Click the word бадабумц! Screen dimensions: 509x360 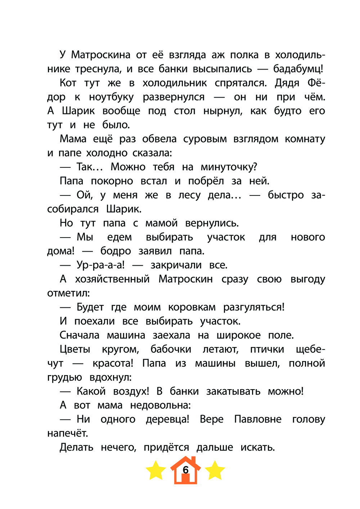[x=298, y=69]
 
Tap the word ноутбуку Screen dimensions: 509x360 [x=111, y=97]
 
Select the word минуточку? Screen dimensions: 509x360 [x=229, y=167]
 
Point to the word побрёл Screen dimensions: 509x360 [x=206, y=181]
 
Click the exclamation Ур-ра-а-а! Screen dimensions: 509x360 [x=100, y=265]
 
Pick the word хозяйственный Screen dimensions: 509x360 [x=112, y=279]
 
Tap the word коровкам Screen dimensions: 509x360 [x=192, y=307]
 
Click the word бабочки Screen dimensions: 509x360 [x=171, y=350]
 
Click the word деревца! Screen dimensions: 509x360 [x=167, y=419]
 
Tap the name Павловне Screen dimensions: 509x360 [x=258, y=419]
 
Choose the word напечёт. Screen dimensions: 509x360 [x=68, y=433]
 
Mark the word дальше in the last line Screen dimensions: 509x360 [x=215, y=447]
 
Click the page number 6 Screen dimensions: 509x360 [x=186, y=470]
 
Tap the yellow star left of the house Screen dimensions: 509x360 [x=156, y=470]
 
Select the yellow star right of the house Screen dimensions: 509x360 [x=215, y=470]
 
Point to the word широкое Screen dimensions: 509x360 [x=239, y=335]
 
